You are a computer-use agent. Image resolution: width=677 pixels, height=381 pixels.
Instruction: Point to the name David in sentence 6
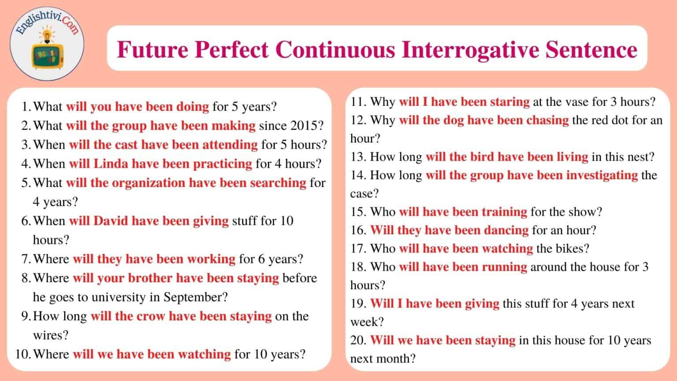110,221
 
